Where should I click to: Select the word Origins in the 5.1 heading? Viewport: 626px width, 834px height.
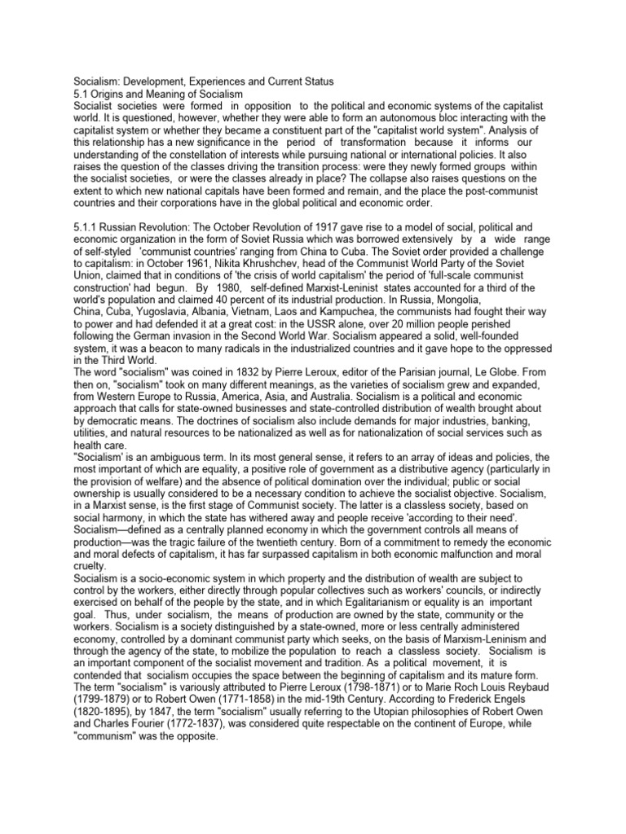tap(107, 93)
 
